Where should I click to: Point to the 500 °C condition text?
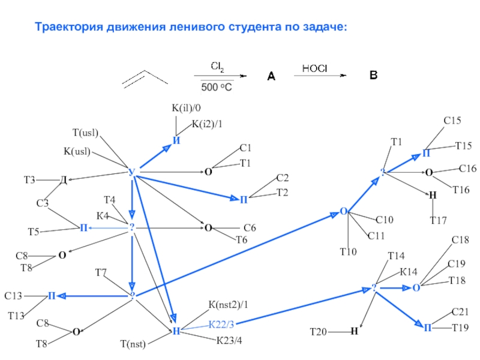217,87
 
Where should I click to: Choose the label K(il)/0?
187,108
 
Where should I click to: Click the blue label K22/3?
221,325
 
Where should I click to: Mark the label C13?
13,296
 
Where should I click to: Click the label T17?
438,220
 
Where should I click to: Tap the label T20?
318,331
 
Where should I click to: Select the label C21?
460,312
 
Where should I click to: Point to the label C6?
250,228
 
